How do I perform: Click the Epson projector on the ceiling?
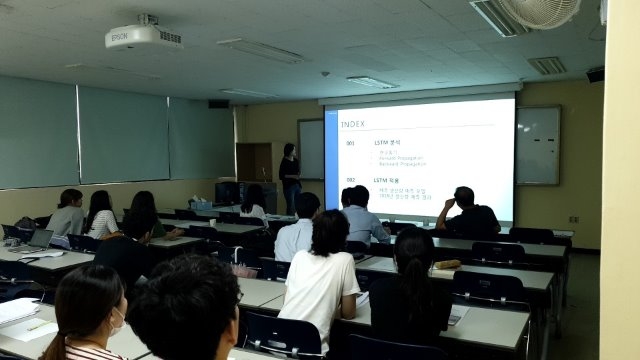click(x=143, y=35)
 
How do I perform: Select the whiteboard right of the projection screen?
click(x=537, y=145)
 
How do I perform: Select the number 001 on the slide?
click(x=350, y=144)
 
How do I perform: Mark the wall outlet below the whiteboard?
click(x=573, y=219)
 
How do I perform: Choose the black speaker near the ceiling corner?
click(x=595, y=75)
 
